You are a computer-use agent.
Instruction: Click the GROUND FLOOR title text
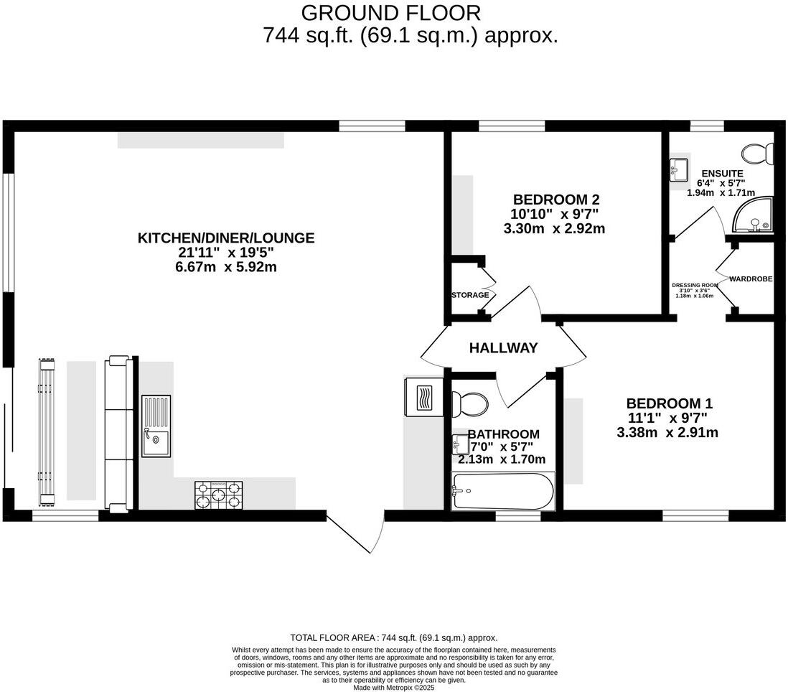pos(390,13)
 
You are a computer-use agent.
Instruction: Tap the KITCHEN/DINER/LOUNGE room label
pos(226,238)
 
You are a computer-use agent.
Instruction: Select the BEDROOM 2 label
pos(555,200)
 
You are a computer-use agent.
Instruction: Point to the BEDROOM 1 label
pos(669,403)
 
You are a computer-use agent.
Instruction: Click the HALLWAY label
pos(503,348)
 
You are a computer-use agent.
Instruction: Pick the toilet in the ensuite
pos(758,154)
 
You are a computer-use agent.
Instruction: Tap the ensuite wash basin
pos(678,170)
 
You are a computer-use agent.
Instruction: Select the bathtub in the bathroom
pos(502,492)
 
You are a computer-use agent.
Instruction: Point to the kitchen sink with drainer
pos(156,426)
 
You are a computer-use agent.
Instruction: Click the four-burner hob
pos(219,495)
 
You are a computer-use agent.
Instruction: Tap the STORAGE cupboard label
pos(470,295)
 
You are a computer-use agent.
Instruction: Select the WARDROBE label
pos(751,279)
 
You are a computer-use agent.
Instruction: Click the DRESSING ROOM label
pos(695,285)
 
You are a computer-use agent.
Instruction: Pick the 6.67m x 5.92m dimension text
pos(226,267)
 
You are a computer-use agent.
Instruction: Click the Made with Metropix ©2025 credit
pos(394,687)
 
